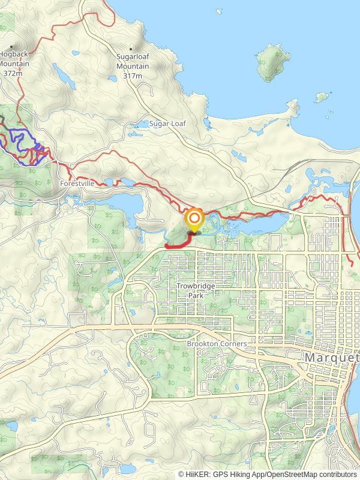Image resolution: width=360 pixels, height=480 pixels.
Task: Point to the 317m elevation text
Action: (x=133, y=76)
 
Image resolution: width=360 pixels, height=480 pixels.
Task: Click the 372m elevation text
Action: (x=12, y=73)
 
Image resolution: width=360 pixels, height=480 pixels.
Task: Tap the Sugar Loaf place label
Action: (x=168, y=124)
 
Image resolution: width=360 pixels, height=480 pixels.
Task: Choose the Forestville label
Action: (x=77, y=183)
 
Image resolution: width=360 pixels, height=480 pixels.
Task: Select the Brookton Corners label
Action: (x=217, y=344)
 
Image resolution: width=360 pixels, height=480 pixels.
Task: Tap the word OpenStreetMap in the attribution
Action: (x=292, y=474)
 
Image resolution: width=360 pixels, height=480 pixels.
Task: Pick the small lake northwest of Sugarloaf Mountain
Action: (x=62, y=75)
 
